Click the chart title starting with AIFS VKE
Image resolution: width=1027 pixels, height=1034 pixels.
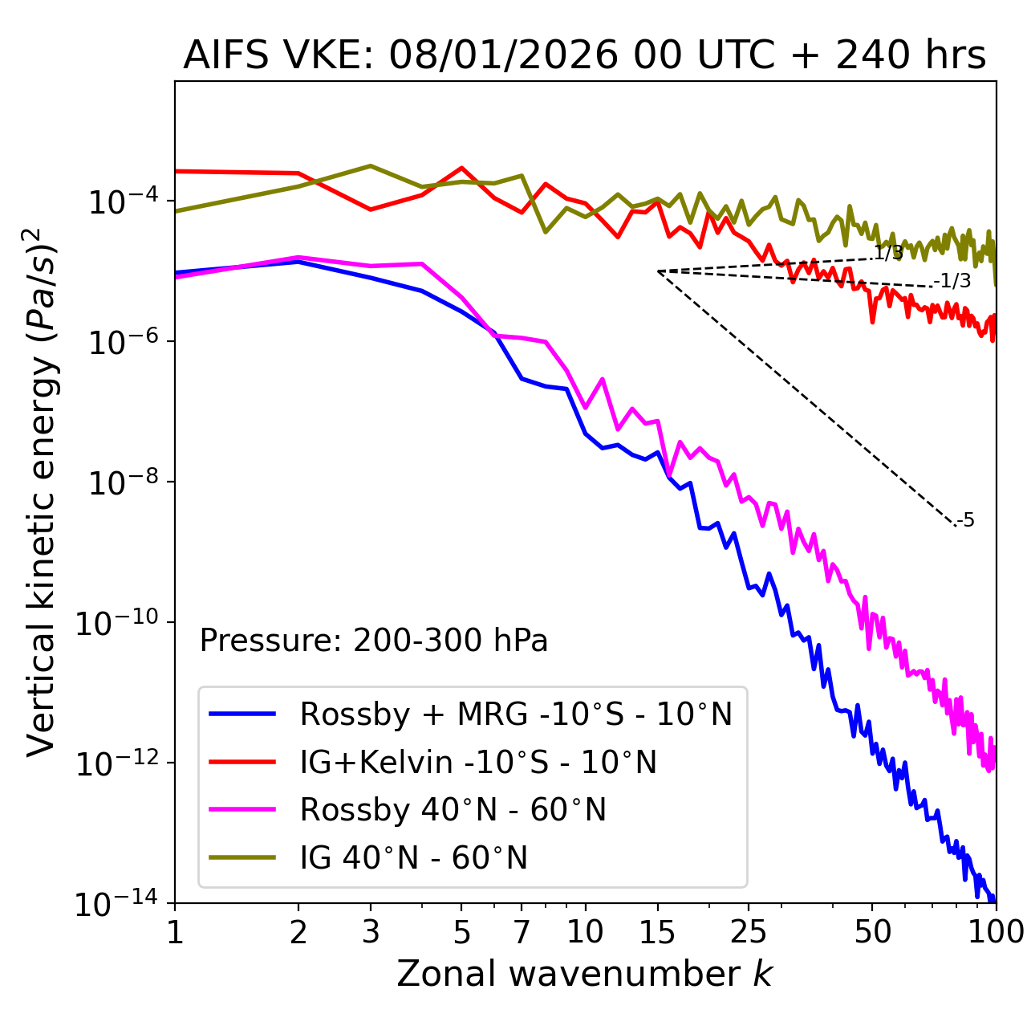click(584, 55)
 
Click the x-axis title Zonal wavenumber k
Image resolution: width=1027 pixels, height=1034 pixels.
click(584, 974)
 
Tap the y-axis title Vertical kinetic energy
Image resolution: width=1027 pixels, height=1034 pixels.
click(41, 492)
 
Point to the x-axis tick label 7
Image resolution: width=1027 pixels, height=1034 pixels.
click(522, 932)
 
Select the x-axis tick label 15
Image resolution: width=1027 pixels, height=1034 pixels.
click(657, 932)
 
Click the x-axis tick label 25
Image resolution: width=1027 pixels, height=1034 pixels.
click(749, 932)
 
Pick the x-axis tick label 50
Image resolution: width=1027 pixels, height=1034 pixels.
click(872, 932)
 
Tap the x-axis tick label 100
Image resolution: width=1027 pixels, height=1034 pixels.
click(995, 932)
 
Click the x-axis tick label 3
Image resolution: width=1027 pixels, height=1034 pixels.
click(371, 932)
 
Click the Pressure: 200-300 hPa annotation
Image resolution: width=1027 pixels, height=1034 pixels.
click(373, 641)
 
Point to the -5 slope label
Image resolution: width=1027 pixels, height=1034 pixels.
click(966, 520)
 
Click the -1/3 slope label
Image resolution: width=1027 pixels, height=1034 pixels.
click(952, 281)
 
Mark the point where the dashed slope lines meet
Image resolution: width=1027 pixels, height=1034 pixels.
click(658, 271)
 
